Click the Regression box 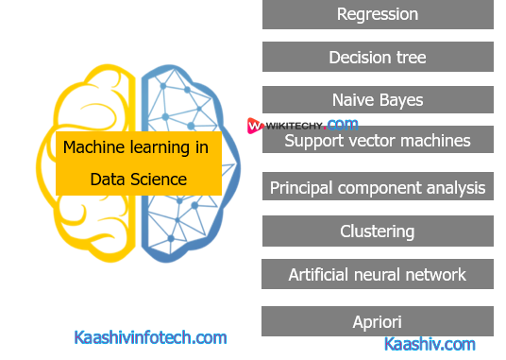coord(377,14)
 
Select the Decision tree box coord(377,58)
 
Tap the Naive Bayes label coord(377,99)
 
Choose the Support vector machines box coord(377,141)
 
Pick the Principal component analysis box coord(377,187)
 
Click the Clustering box coord(377,231)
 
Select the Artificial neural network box coord(377,275)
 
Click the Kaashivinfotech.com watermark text coord(150,336)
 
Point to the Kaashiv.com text coord(430,345)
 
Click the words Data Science coord(139,178)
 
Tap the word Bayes coord(398,99)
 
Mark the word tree coord(410,58)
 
